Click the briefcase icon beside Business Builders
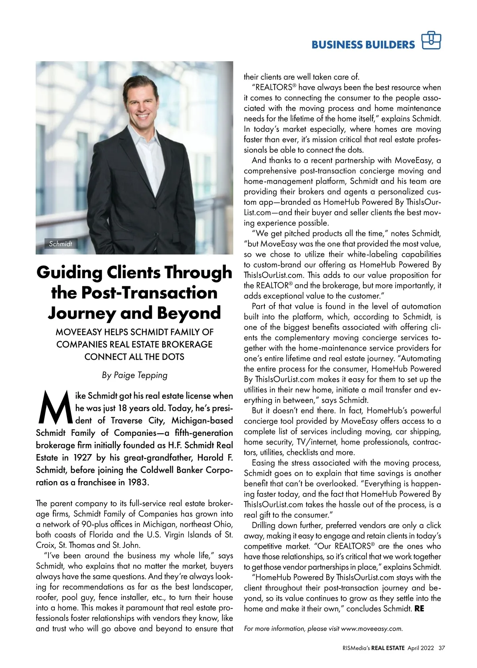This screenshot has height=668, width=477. tap(431, 41)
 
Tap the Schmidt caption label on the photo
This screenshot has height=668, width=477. tap(60, 244)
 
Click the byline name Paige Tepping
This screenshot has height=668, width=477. tap(141, 375)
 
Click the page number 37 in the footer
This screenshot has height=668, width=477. tap(442, 648)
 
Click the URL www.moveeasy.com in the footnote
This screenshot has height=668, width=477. tap(371, 629)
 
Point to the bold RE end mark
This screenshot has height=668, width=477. tap(419, 609)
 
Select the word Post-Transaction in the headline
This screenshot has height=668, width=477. tap(149, 293)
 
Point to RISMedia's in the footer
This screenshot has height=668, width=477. tap(356, 648)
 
